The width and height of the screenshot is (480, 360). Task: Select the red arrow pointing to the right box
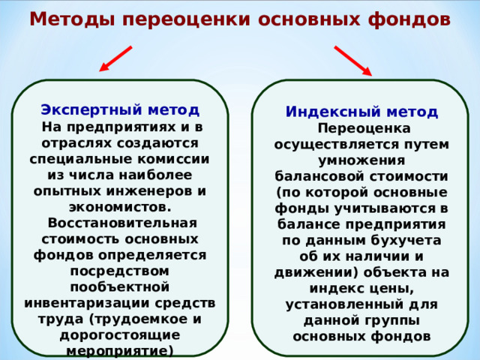[352, 61]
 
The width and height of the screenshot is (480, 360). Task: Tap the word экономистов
[120, 206]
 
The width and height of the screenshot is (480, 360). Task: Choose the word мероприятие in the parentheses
[116, 351]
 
